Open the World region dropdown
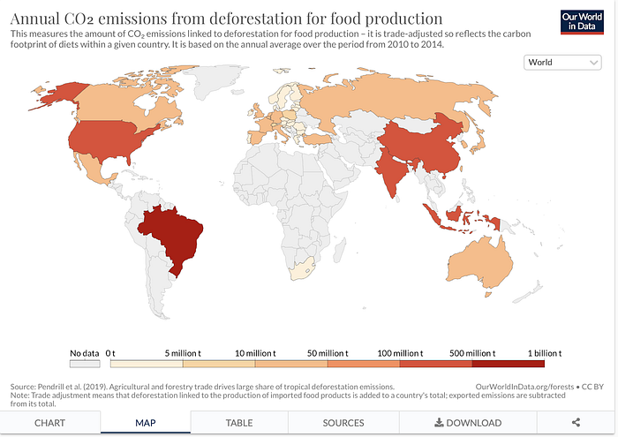pos(562,63)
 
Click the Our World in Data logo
pos(581,22)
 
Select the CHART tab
pos(49,423)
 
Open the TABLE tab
pos(239,423)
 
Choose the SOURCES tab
pos(343,423)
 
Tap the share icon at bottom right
pos(576,423)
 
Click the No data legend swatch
pos(85,363)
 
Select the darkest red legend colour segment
pos(509,363)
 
